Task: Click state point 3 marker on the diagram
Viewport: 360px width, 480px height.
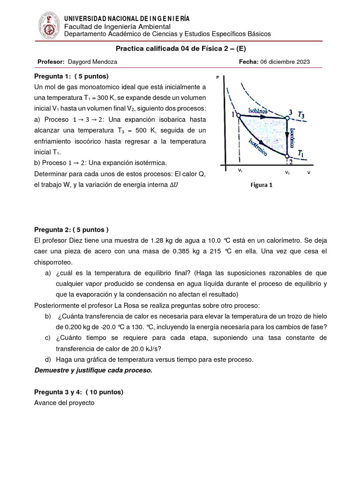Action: pyautogui.click(x=287, y=119)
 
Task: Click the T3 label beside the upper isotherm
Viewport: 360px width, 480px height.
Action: pyautogui.click(x=304, y=115)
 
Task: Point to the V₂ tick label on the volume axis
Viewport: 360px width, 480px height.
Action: pyautogui.click(x=287, y=172)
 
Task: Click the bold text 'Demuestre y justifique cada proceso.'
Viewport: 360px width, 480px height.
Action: pyautogui.click(x=93, y=370)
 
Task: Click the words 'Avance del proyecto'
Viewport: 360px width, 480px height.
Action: pyautogui.click(x=64, y=403)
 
